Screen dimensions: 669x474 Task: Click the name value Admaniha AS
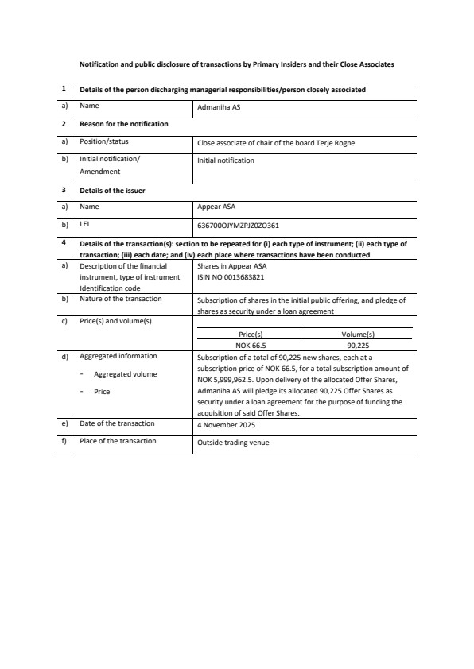(x=214, y=106)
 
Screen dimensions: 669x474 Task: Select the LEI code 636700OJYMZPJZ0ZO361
(x=238, y=225)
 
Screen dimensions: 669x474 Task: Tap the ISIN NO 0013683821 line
(x=231, y=277)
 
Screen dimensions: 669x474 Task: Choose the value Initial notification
(x=226, y=160)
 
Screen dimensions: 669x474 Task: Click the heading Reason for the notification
(x=124, y=124)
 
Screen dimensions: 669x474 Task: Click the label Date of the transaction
(x=117, y=423)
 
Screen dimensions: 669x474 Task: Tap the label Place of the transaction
(x=118, y=441)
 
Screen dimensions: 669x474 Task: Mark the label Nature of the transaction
(x=121, y=299)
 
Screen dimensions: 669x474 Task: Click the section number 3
(x=64, y=191)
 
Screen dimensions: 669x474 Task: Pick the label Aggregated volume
(x=126, y=373)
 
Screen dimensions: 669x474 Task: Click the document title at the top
(x=236, y=64)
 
